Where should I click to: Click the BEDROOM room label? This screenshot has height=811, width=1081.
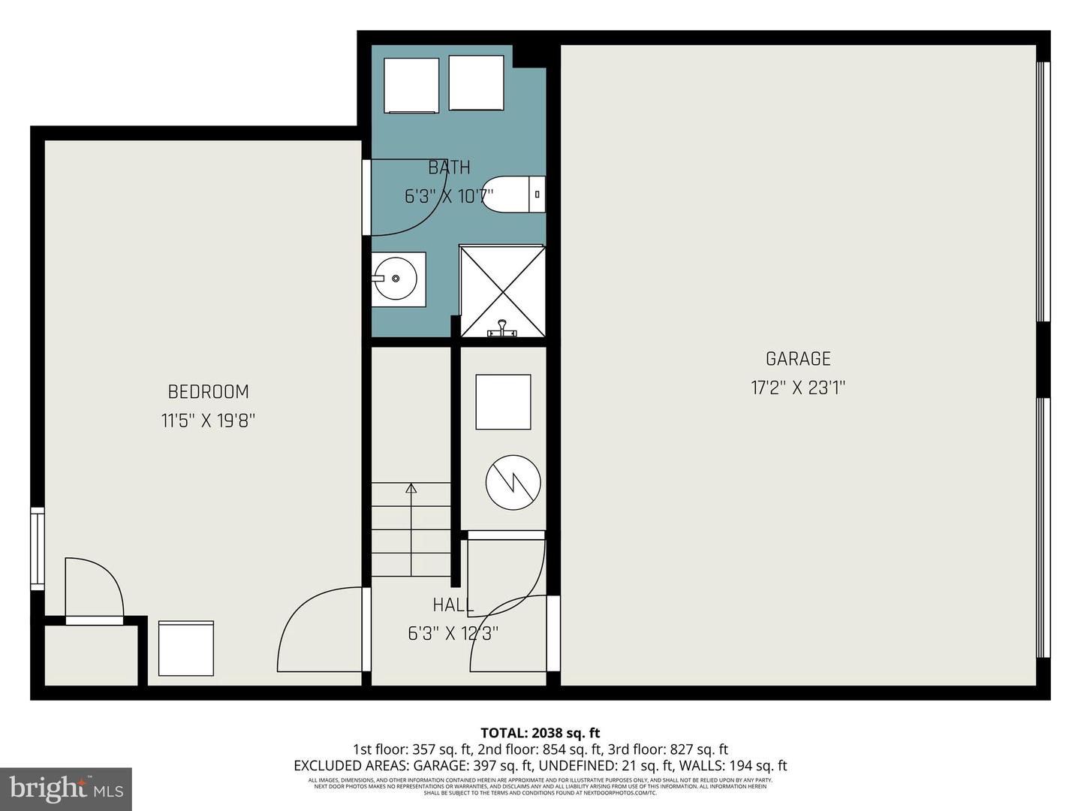coord(208,391)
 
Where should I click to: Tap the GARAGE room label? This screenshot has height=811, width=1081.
coord(798,359)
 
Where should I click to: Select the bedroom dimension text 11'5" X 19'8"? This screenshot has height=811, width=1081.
coord(208,421)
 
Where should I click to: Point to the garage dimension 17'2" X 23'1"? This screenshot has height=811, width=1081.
coord(798,388)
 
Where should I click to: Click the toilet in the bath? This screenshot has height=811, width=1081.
coord(514,194)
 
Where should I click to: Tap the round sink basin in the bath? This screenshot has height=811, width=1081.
coord(398,279)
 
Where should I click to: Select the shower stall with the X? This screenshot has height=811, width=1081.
coord(502,291)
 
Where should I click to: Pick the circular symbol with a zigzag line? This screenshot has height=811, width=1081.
coord(513,481)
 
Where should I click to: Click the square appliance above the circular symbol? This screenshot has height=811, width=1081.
coord(503,402)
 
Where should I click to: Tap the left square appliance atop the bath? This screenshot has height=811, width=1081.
coord(411,84)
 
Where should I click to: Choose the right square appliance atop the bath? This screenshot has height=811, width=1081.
coord(476,83)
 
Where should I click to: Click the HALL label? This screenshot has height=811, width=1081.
coord(453,605)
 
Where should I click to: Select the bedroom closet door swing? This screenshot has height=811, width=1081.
coord(94,589)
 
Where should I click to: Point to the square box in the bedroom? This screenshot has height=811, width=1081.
coord(186,648)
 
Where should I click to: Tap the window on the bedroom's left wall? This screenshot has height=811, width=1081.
coord(37,548)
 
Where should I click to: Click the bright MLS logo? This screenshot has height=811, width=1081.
coord(66,788)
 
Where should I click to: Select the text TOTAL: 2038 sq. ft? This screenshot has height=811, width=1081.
coord(540,733)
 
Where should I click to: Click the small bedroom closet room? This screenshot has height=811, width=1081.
coord(91,655)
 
